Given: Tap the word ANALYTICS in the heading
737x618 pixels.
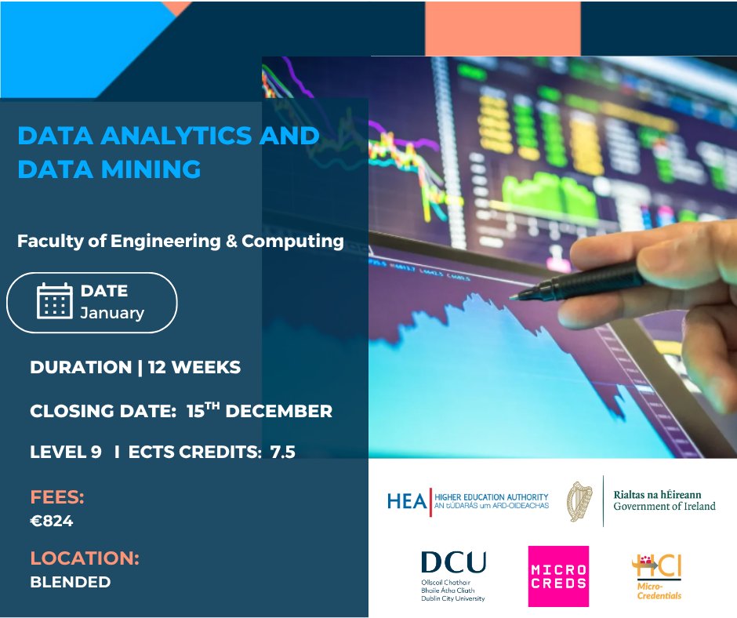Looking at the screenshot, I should pyautogui.click(x=168, y=135).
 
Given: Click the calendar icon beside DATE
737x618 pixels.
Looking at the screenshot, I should pyautogui.click(x=55, y=301).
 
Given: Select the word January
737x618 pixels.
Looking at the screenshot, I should pyautogui.click(x=112, y=313).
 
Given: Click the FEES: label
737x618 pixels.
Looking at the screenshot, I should pyautogui.click(x=57, y=497).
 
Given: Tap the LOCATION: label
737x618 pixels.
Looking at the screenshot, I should pyautogui.click(x=85, y=559).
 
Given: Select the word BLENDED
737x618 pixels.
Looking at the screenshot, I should pyautogui.click(x=71, y=582).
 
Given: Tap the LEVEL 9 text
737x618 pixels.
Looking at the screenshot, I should pyautogui.click(x=66, y=452).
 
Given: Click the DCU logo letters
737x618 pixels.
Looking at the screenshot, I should pyautogui.click(x=453, y=562).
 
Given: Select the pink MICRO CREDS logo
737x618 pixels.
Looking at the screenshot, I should pyautogui.click(x=558, y=576).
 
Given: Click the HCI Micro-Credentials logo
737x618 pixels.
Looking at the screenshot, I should pyautogui.click(x=657, y=576).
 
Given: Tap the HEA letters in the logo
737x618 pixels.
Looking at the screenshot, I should pyautogui.click(x=406, y=501).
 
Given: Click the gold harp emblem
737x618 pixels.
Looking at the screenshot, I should pyautogui.click(x=580, y=500).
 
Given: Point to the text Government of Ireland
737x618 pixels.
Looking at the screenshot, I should pyautogui.click(x=664, y=507).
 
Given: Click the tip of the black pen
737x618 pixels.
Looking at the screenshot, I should pyautogui.click(x=513, y=297).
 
